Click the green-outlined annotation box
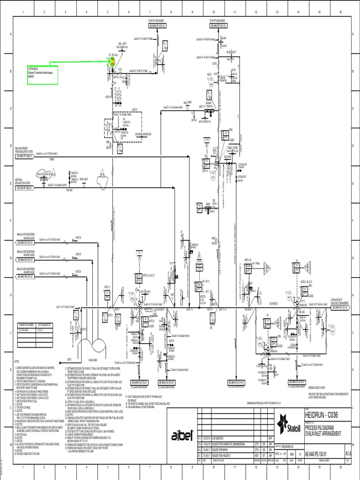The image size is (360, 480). (41, 75)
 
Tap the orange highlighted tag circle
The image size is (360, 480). (112, 62)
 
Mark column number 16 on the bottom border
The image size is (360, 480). (341, 472)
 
